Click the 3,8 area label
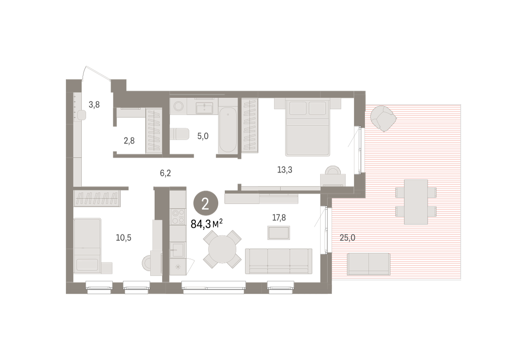(x=94, y=104)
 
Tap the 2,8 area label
(x=129, y=140)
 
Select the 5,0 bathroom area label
(x=203, y=136)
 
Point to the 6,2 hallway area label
(x=166, y=173)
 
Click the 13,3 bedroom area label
(x=285, y=169)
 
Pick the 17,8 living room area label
(x=279, y=218)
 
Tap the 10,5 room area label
(x=123, y=238)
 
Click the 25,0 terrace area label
(x=347, y=238)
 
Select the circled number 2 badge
(x=206, y=203)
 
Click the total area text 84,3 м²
(x=206, y=224)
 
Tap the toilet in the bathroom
(x=179, y=134)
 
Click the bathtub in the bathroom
(x=228, y=130)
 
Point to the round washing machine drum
(x=178, y=106)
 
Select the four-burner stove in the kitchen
(x=178, y=216)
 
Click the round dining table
(x=222, y=249)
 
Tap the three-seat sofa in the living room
(x=278, y=261)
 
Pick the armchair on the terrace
(x=383, y=119)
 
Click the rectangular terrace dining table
(x=416, y=202)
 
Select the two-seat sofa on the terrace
(x=368, y=264)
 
